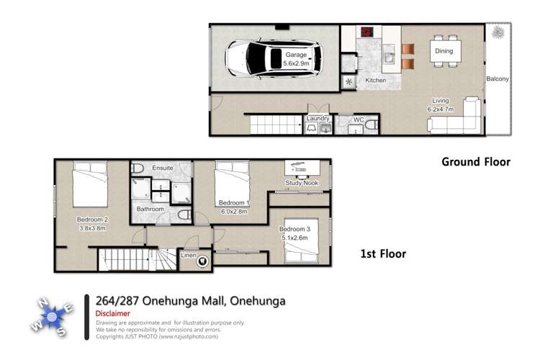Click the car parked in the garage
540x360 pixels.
click(266, 58)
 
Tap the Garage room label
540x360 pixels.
click(295, 54)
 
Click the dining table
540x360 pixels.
click(443, 52)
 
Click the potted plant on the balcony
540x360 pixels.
click(497, 32)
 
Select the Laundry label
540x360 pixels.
click(318, 118)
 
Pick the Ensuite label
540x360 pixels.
click(162, 168)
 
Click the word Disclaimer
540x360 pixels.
click(116, 314)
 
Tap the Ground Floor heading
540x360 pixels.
click(475, 162)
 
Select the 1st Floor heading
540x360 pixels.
click(383, 253)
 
